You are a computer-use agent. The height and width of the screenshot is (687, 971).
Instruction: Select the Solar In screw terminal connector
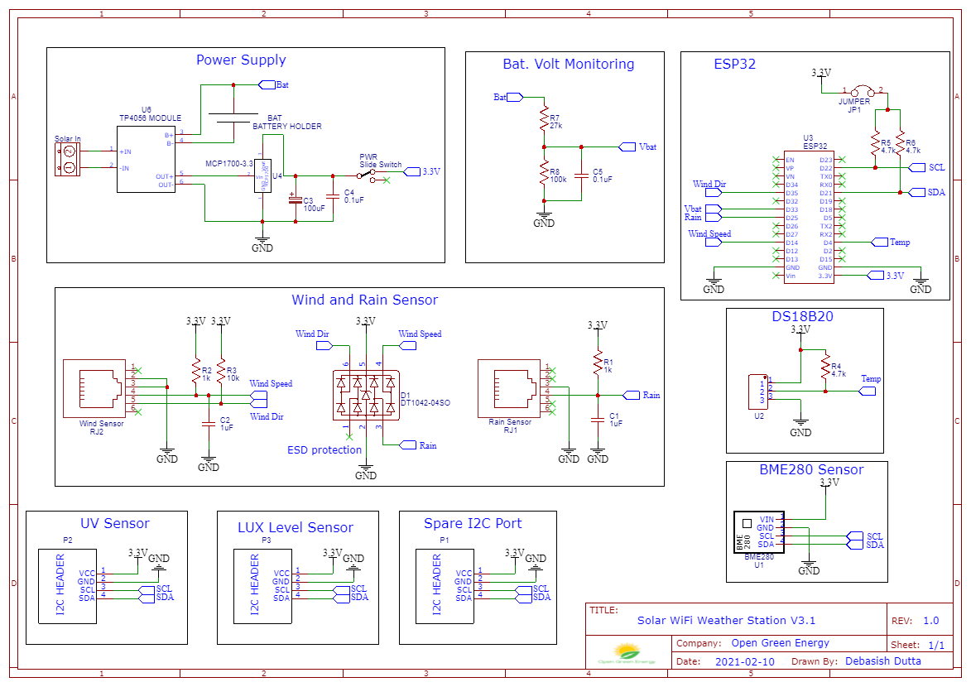[69, 159]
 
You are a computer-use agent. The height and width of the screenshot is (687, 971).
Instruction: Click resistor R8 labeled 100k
[544, 175]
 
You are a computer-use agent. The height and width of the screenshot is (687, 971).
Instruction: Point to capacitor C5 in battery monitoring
[581, 175]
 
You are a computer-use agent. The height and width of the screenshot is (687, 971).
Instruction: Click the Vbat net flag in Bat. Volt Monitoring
[628, 147]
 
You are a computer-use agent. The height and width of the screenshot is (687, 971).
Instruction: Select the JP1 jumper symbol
[865, 91]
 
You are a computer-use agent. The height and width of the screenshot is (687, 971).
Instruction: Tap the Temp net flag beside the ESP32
[879, 242]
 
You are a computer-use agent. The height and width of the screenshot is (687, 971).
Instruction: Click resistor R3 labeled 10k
[221, 372]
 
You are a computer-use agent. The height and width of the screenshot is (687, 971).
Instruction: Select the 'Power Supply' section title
[241, 60]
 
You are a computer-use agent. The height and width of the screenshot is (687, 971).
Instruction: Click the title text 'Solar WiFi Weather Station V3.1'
[726, 620]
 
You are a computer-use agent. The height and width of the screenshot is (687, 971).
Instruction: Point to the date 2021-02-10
[745, 661]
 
